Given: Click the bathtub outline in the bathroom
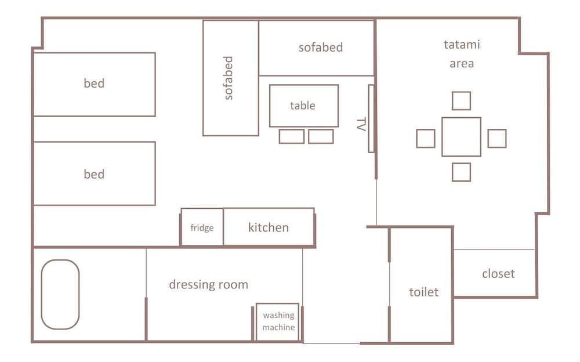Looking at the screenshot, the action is pyautogui.click(x=42, y=294).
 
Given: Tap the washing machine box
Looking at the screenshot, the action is pyautogui.click(x=277, y=321).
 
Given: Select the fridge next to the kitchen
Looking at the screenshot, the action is pyautogui.click(x=202, y=227).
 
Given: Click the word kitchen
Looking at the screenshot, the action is pyautogui.click(x=269, y=227).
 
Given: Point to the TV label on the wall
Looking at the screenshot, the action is pyautogui.click(x=361, y=124).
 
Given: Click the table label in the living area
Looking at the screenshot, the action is pyautogui.click(x=303, y=106).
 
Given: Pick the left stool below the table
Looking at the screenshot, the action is pyautogui.click(x=292, y=136).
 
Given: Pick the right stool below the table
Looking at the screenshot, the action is pyautogui.click(x=321, y=136).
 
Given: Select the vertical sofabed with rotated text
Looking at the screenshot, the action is pyautogui.click(x=230, y=78).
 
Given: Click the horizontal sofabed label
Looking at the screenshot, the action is pyautogui.click(x=321, y=48).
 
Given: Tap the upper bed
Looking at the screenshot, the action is pyautogui.click(x=95, y=84).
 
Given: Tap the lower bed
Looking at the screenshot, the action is pyautogui.click(x=95, y=173).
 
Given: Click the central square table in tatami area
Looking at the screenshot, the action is pyautogui.click(x=461, y=137).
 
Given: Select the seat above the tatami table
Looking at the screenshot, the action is pyautogui.click(x=461, y=101).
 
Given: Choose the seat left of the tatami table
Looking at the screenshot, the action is pyautogui.click(x=425, y=139).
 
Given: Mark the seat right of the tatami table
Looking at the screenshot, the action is pyautogui.click(x=497, y=139).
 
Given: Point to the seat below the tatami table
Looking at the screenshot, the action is pyautogui.click(x=461, y=172).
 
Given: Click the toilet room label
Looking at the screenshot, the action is pyautogui.click(x=423, y=292).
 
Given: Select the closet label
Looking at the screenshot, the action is pyautogui.click(x=498, y=274).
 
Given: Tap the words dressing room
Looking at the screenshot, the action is pyautogui.click(x=209, y=285).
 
